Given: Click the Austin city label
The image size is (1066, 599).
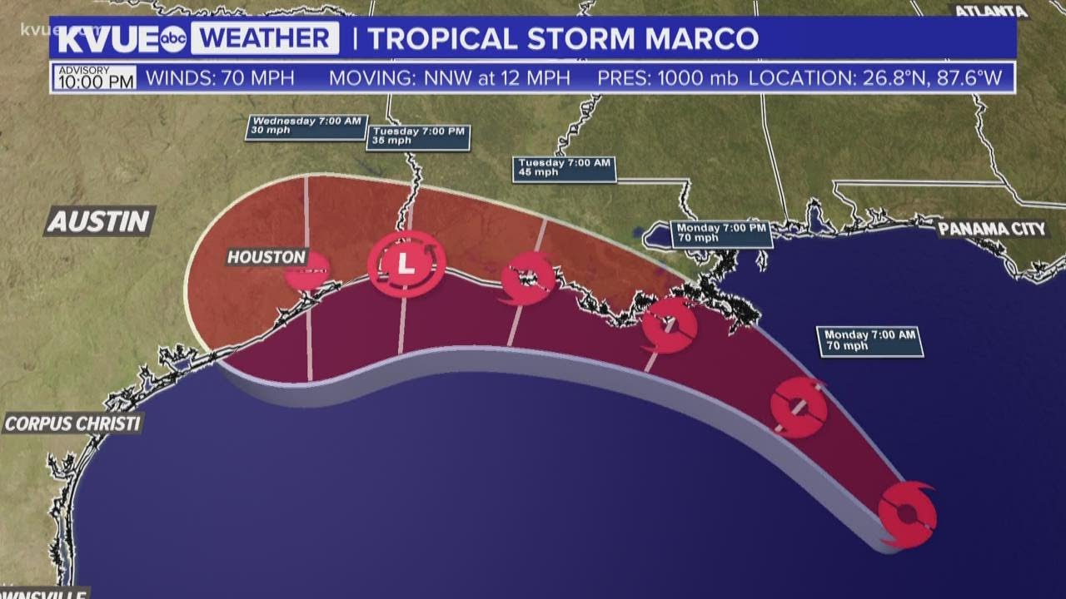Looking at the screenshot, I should [x=100, y=221].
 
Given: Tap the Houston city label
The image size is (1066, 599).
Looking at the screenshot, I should [x=266, y=257].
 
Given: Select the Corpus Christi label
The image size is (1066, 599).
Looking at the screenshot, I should [x=72, y=423].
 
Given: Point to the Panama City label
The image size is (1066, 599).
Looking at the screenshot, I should [x=992, y=229].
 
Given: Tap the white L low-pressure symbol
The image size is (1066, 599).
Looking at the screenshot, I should [x=406, y=265].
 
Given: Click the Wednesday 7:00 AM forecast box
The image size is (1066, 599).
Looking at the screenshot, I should [x=306, y=126].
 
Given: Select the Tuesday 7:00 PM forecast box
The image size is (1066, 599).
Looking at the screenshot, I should [x=419, y=136].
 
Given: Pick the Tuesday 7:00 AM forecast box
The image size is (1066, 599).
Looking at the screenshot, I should [x=565, y=169].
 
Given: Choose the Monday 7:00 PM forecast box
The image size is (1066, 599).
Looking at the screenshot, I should [x=721, y=233].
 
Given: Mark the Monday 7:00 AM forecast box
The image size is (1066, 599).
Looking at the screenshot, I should [x=870, y=340].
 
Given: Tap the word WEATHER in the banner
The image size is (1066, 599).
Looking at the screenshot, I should [x=264, y=39].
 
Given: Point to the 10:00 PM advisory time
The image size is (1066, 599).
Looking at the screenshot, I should [x=94, y=82].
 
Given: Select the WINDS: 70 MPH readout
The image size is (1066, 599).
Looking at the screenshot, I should [x=220, y=79].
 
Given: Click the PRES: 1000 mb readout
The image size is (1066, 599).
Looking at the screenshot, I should [x=667, y=79].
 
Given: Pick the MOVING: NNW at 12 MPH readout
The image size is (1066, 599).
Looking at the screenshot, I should [x=450, y=79].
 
